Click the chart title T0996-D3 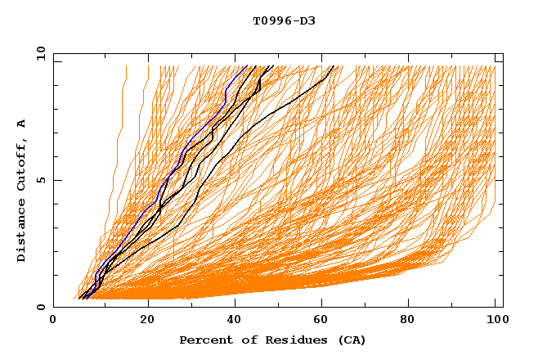tap(284, 20)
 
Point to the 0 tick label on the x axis tap(53, 321)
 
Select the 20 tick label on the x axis tap(148, 321)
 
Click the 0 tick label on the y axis tap(39, 307)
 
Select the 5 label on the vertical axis tap(39, 180)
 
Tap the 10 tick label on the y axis tap(39, 54)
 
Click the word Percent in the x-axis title tap(202, 340)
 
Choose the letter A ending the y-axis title tap(21, 124)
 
